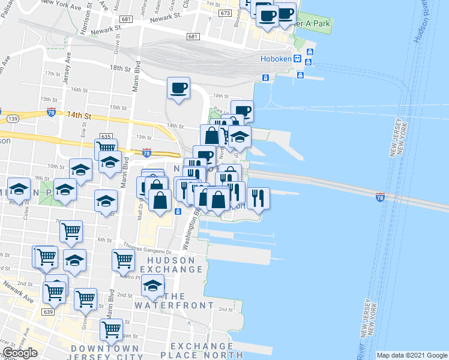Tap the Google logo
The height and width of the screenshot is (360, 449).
coord(20,353)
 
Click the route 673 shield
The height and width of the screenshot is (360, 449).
coord(225,13)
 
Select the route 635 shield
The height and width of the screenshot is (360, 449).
coord(107,136)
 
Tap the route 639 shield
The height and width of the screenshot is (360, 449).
coord(49,311)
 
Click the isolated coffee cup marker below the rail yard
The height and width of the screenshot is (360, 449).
coord(178,88)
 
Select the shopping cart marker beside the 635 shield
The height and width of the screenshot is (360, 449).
coord(106,148)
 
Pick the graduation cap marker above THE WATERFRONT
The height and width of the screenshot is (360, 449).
coord(153,286)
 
